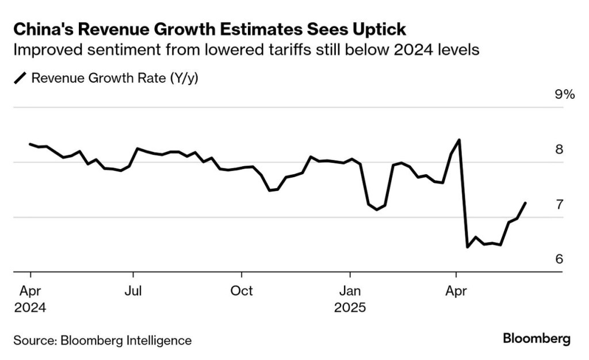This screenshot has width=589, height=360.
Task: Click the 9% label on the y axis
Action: tap(564, 95)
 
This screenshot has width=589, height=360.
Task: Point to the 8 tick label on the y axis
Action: tap(559, 150)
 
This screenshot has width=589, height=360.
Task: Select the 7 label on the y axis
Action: tap(559, 205)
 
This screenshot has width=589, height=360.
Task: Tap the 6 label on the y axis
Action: tap(559, 259)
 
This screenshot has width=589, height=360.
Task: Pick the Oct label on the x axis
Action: tap(242, 290)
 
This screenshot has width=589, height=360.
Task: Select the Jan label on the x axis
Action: tap(349, 290)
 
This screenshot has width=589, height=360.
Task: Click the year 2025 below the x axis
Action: tap(350, 308)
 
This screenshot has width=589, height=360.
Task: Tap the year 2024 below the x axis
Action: tap(30, 308)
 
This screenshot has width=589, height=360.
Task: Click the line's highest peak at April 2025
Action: tap(458, 140)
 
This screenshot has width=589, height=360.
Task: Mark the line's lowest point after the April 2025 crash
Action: tap(467, 247)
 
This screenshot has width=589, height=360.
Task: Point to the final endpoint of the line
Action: tap(525, 202)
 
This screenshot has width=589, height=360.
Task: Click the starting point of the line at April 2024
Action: tap(30, 144)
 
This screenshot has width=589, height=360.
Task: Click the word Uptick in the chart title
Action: tap(383, 29)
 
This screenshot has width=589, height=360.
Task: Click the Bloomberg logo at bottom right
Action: tap(537, 339)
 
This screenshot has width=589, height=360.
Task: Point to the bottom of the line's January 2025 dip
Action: tap(377, 210)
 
